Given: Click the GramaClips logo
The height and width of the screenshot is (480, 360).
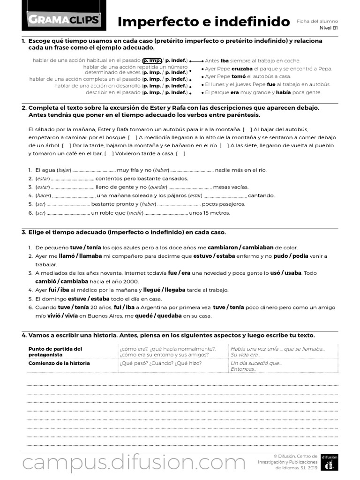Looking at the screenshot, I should (64, 19).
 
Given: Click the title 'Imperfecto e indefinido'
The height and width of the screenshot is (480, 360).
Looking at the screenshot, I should (203, 22).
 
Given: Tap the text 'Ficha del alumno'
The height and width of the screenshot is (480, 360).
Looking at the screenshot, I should (317, 21).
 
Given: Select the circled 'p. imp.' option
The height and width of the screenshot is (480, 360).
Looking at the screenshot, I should (152, 61).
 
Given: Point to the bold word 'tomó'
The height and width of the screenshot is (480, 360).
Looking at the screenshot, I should (238, 76).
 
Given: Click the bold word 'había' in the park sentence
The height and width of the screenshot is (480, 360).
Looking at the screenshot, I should (284, 92).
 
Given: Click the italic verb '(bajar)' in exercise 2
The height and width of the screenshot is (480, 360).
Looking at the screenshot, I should (64, 170).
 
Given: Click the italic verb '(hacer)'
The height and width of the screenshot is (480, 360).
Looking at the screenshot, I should (43, 195).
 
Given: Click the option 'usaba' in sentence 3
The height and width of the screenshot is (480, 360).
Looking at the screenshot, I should (293, 273).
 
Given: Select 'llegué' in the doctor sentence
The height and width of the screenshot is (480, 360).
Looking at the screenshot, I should (152, 290).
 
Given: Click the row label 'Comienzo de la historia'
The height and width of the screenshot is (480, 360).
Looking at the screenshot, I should (59, 363).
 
